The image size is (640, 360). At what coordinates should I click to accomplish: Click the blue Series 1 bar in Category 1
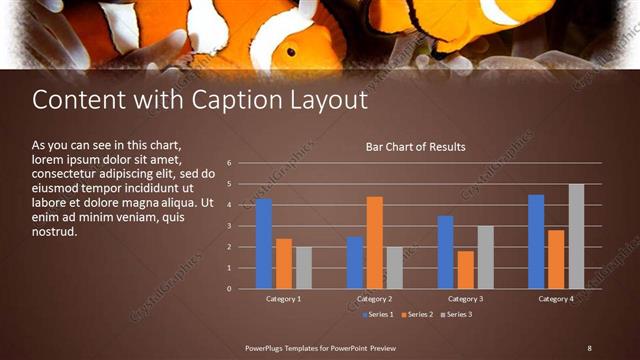pyautogui.click(x=264, y=244)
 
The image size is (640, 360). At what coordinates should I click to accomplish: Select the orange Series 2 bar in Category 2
pyautogui.click(x=375, y=243)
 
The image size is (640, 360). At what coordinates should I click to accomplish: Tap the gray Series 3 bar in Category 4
pyautogui.click(x=576, y=237)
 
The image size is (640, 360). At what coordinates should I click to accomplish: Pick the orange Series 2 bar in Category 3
pyautogui.click(x=466, y=270)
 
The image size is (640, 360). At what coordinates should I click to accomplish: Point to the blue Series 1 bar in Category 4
pyautogui.click(x=536, y=242)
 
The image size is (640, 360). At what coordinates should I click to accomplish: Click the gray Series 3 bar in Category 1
pyautogui.click(x=304, y=268)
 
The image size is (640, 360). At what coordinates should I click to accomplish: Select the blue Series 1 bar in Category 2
pyautogui.click(x=355, y=263)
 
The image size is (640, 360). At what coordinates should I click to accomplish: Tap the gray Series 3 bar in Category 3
pyautogui.click(x=486, y=258)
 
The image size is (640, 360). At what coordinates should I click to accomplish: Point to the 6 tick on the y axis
pyautogui.click(x=229, y=163)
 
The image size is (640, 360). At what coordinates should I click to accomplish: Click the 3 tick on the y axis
pyautogui.click(x=229, y=226)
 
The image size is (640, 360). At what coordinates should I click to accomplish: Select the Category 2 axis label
pyautogui.click(x=374, y=299)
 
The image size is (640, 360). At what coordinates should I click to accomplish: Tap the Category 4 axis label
pyautogui.click(x=556, y=299)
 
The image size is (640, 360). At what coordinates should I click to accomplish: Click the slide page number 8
pyautogui.click(x=589, y=347)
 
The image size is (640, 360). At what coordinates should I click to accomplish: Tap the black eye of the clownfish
pyautogui.click(x=290, y=51)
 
